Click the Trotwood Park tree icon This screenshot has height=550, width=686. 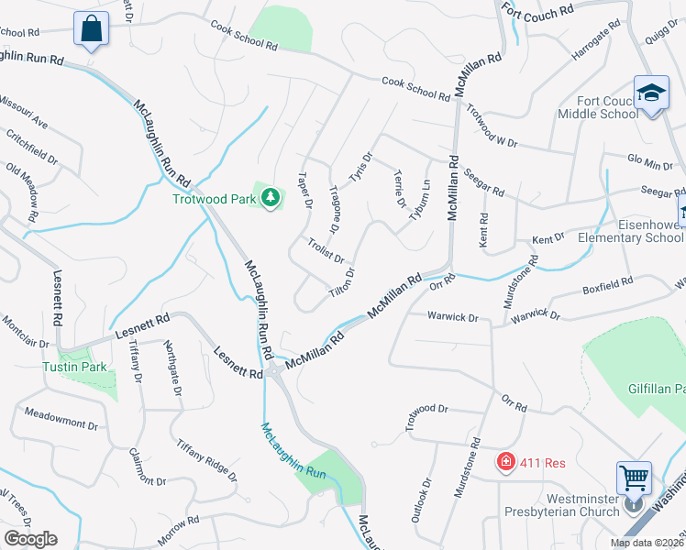(271, 198)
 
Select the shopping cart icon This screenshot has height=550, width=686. (634, 477)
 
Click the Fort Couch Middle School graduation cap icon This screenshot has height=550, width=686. (652, 94)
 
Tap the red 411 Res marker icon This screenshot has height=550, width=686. (504, 461)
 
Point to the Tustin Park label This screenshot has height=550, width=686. (75, 367)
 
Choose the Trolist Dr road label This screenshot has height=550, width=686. (326, 252)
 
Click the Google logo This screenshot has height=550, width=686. (30, 539)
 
